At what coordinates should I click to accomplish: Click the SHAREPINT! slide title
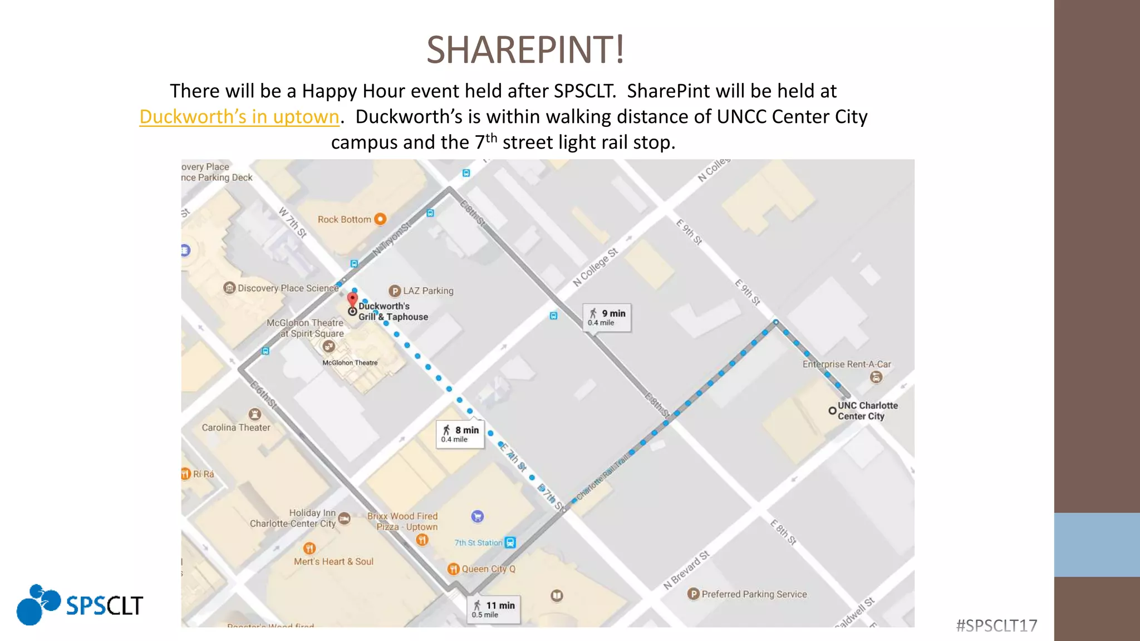click(525, 50)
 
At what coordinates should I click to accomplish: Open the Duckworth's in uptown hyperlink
click(239, 117)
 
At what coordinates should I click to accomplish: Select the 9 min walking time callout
click(607, 318)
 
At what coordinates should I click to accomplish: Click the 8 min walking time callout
click(460, 434)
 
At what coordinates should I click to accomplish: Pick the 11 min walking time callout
click(494, 609)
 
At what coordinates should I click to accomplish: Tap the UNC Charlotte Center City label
click(867, 411)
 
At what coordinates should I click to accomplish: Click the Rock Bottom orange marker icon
click(380, 219)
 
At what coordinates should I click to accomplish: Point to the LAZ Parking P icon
click(395, 290)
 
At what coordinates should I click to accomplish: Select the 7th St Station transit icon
click(510, 543)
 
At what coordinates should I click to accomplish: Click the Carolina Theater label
click(236, 427)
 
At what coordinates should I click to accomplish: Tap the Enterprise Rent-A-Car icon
click(876, 377)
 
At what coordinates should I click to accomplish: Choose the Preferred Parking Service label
click(754, 594)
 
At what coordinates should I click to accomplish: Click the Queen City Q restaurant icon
click(453, 569)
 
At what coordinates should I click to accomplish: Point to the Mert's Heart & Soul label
click(333, 561)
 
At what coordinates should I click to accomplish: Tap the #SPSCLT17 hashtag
click(996, 626)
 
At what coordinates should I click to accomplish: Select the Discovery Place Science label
click(288, 288)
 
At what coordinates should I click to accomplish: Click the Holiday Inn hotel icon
click(345, 519)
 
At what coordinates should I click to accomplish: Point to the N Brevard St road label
click(686, 570)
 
